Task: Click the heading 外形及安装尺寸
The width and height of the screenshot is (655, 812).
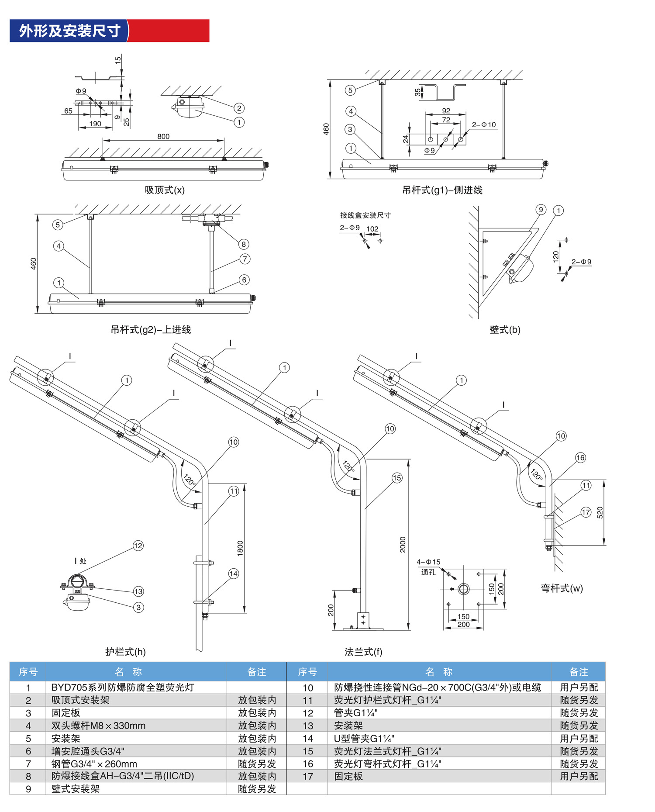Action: tap(69, 31)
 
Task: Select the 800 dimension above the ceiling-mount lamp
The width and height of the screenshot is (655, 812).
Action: tap(163, 136)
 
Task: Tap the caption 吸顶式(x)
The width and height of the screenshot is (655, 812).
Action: tap(165, 190)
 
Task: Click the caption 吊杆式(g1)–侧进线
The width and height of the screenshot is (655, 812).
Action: tap(442, 190)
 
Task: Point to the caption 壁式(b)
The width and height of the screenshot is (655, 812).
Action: tap(505, 330)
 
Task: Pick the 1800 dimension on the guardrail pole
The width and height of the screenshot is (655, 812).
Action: tap(240, 548)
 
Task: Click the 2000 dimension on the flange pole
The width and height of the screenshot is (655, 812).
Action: tap(403, 545)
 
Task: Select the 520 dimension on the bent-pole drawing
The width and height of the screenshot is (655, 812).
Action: tap(600, 512)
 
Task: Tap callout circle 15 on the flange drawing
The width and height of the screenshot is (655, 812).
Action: tap(396, 478)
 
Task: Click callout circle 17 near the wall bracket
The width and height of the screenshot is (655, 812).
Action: tap(586, 512)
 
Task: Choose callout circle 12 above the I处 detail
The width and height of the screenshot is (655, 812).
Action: tap(138, 546)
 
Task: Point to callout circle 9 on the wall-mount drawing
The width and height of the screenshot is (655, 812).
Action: tap(541, 210)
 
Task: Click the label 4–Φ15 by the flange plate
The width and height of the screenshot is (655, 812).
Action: tap(428, 562)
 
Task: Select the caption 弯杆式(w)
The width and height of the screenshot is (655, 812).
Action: tap(562, 588)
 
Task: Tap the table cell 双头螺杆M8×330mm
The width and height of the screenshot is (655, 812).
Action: tap(98, 726)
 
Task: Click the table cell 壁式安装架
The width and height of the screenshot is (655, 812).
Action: tap(76, 789)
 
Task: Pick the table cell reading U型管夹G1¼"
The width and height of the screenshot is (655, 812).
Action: tap(364, 738)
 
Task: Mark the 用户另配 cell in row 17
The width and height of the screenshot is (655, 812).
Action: tap(579, 776)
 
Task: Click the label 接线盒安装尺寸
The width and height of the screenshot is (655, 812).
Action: tap(365, 215)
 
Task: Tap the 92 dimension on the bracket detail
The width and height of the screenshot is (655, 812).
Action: tap(446, 111)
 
